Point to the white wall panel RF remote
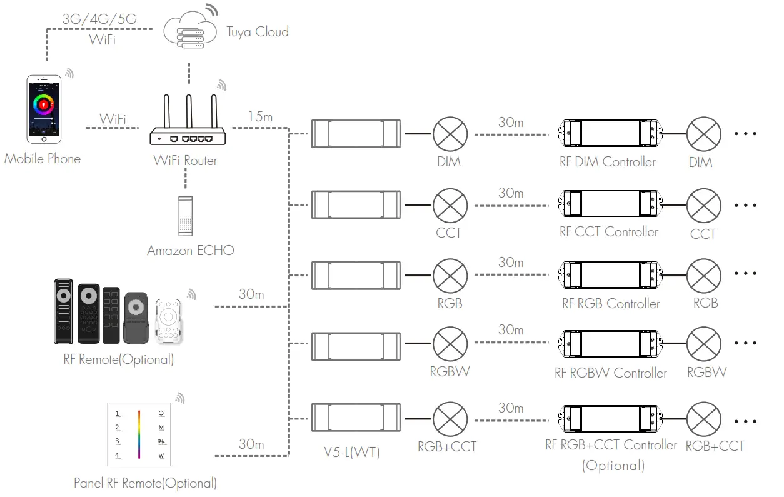tap(139, 434)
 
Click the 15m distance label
tap(260, 117)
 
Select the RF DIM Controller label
tap(608, 162)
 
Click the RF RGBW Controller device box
tap(610, 344)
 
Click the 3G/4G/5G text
tap(99, 19)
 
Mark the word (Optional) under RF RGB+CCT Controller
tap(613, 466)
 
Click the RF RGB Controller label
tap(611, 304)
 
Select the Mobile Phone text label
tap(43, 159)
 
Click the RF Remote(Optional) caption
tap(118, 359)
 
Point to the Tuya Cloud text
tap(258, 31)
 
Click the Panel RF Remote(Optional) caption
tap(145, 483)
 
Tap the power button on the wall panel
tap(161, 413)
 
